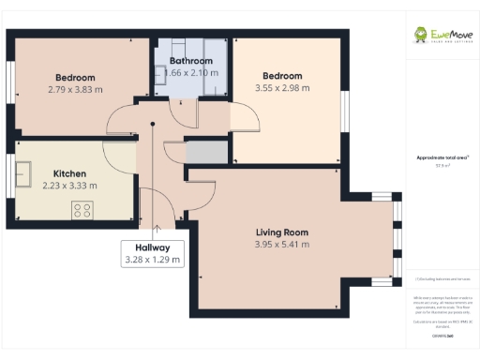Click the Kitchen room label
click(x=69, y=173)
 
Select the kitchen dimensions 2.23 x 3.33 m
click(x=69, y=186)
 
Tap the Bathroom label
click(x=191, y=62)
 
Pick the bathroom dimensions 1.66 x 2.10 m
click(x=191, y=73)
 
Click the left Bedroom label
click(x=75, y=77)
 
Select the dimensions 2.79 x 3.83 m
click(x=75, y=89)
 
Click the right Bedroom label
click(x=281, y=76)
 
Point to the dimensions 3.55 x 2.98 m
click(x=281, y=88)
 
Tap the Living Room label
click(x=282, y=232)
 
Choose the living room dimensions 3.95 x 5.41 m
click(x=282, y=245)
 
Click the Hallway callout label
click(x=152, y=247)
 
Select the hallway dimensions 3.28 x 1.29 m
click(x=152, y=260)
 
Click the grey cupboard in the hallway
click(x=207, y=151)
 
